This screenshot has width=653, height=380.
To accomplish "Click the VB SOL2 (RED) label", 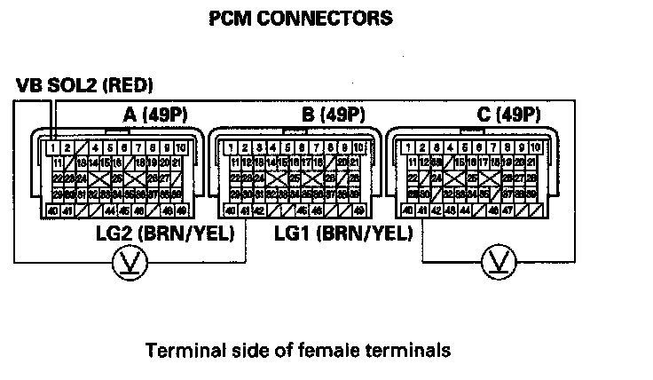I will [84, 86].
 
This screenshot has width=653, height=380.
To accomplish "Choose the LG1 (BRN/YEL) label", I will [343, 234].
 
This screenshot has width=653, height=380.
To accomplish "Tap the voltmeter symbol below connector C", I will [496, 262].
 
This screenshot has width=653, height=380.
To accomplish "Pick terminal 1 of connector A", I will [54, 146].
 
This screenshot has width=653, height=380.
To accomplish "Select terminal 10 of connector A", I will [180, 146].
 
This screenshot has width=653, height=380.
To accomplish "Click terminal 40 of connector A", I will [55, 210].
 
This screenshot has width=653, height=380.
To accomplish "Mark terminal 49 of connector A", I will [180, 210].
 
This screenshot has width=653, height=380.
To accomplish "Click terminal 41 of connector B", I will [245, 210].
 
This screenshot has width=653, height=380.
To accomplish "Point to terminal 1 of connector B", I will [233, 146].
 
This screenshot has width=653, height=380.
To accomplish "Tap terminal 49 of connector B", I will [358, 210].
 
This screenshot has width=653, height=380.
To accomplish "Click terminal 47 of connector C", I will [506, 210].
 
